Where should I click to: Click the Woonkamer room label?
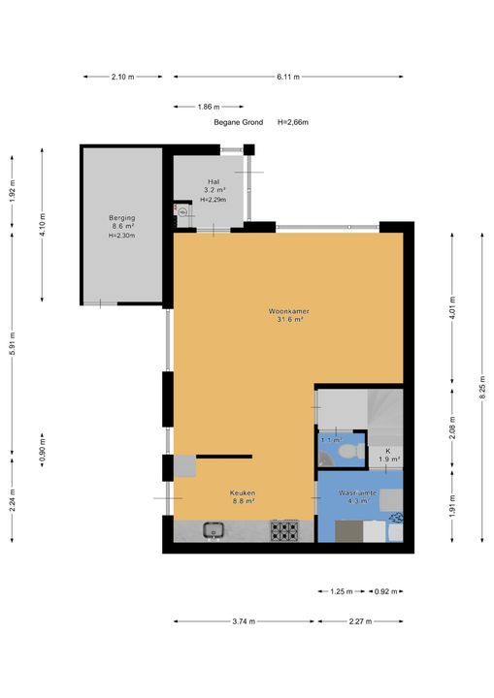(x=288, y=311)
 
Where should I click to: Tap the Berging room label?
(x=122, y=218)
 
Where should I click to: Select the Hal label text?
(x=214, y=181)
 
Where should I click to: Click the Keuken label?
(x=242, y=492)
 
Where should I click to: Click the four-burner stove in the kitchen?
(x=284, y=530)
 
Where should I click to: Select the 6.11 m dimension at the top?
(x=288, y=76)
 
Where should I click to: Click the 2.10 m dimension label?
(x=122, y=76)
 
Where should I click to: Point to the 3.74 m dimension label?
(x=244, y=622)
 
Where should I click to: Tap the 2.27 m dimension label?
(x=359, y=622)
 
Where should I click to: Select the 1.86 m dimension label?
(x=206, y=107)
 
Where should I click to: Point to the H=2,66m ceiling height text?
(x=293, y=122)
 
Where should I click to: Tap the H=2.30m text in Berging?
(x=122, y=236)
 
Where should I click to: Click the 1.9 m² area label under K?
(x=388, y=460)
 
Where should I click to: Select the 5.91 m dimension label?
(x=12, y=343)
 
